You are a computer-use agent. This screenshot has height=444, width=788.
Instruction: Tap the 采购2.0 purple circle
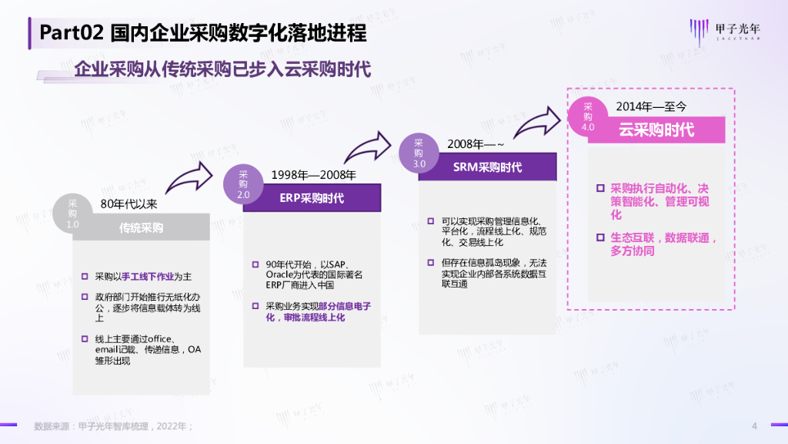click(x=243, y=184)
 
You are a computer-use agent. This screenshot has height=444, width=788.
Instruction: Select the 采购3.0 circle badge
click(x=419, y=153)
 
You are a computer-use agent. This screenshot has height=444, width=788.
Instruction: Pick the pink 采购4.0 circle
click(x=588, y=116)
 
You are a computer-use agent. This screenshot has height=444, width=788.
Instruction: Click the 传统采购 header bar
click(x=141, y=228)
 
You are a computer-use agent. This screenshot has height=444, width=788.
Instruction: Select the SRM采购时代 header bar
click(x=487, y=167)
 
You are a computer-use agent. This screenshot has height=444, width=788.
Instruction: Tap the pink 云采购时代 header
click(x=656, y=129)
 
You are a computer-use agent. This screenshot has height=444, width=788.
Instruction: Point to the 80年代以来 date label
click(x=129, y=204)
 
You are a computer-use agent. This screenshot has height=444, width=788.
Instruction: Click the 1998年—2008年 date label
click(x=313, y=175)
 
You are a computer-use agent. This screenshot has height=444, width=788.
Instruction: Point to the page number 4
click(x=754, y=426)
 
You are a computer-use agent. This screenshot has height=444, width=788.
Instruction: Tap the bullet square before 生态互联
click(x=600, y=238)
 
